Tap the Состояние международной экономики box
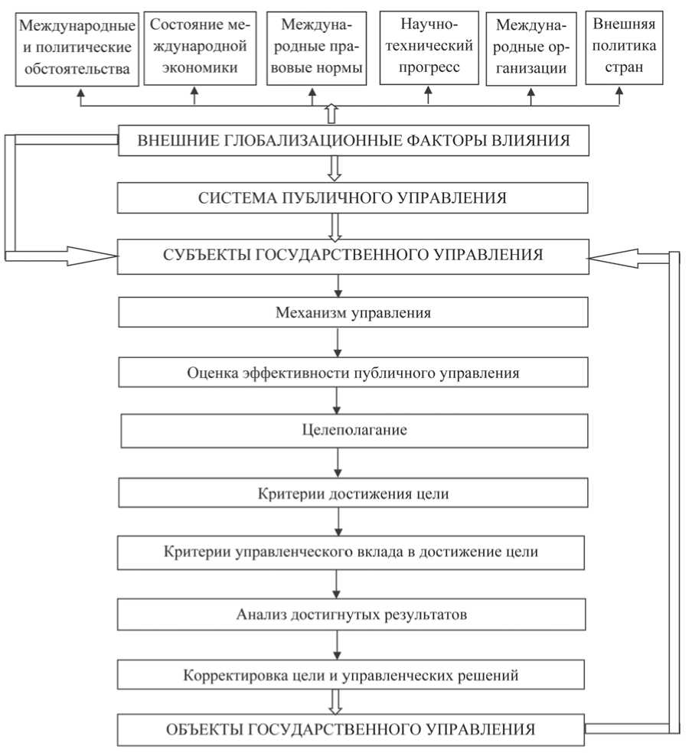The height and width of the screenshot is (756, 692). pyautogui.click(x=195, y=48)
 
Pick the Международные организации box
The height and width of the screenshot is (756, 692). pyautogui.click(x=530, y=48)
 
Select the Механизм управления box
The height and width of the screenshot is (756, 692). pyautogui.click(x=353, y=313)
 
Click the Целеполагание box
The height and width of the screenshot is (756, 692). pyautogui.click(x=354, y=431)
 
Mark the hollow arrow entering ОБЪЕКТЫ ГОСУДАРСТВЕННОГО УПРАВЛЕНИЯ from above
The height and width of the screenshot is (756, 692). pyautogui.click(x=335, y=701)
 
